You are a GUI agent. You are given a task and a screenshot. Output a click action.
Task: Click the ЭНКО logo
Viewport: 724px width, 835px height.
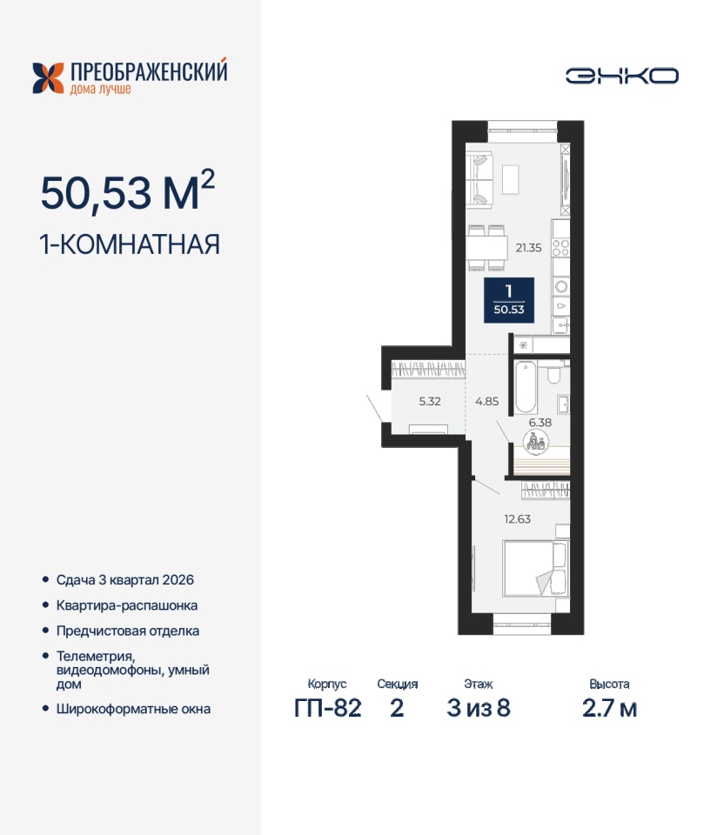point(621,76)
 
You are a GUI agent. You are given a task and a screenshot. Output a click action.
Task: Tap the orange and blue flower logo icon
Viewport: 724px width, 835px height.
point(48,78)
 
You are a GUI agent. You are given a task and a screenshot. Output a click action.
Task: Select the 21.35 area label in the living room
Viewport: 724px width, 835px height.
point(528,248)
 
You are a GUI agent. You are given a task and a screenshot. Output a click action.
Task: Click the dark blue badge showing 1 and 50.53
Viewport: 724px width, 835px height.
point(509,300)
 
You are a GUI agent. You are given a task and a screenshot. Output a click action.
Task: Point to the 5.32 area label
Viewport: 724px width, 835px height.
point(430,401)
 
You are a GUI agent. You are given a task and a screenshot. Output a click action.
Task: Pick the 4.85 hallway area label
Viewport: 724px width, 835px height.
point(487,401)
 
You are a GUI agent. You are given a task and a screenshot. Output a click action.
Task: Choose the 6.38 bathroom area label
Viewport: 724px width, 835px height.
point(540,423)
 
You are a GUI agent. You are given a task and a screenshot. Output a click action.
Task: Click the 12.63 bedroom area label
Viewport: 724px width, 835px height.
point(517,518)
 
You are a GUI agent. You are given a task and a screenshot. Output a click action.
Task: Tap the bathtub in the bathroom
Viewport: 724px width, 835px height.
point(526,387)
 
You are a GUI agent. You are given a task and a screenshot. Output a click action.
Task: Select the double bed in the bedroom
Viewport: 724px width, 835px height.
point(535,568)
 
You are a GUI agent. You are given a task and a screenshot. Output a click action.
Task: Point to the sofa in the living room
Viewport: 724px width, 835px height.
point(479,179)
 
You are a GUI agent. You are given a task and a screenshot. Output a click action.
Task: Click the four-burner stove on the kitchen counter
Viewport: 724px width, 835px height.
point(561,248)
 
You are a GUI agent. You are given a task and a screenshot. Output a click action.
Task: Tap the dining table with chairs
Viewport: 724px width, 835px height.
point(487,248)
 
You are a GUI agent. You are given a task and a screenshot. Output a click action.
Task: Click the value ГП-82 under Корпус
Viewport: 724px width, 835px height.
point(328,708)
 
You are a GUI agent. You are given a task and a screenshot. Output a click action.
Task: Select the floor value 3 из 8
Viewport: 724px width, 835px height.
point(479,708)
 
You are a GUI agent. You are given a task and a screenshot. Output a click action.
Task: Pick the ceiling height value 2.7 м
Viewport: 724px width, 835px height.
point(609,708)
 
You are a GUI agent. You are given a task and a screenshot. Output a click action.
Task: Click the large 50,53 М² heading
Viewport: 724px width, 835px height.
point(128,191)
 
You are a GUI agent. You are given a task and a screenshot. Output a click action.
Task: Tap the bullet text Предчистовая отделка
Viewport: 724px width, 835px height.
point(128,631)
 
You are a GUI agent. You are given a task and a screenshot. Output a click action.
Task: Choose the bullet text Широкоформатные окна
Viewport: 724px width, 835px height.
point(133,710)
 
